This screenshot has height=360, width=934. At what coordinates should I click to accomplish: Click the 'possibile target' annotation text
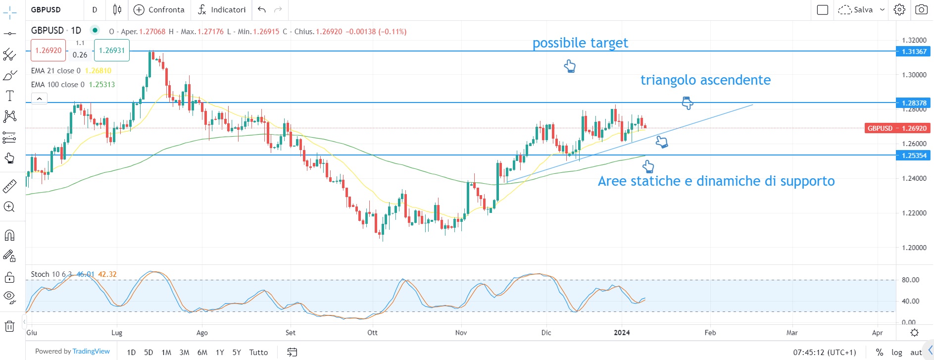580,43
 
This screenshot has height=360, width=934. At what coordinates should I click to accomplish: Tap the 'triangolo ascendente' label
705,80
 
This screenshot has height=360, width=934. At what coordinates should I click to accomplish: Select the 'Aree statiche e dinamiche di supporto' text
716,181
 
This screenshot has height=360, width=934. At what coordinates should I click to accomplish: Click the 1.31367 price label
914,51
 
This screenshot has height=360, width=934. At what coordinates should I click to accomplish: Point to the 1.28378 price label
914,103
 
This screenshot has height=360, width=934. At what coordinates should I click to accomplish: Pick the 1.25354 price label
914,155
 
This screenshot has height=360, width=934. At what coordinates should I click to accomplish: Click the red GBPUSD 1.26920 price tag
896,128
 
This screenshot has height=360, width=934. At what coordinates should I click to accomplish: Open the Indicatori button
222,10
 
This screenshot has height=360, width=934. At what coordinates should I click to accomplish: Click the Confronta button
159,10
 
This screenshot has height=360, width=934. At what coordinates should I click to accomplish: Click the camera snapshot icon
921,10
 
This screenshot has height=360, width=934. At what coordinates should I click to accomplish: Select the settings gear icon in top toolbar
899,10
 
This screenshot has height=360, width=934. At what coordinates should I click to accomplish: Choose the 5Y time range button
237,353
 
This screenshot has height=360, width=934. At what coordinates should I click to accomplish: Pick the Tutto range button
258,353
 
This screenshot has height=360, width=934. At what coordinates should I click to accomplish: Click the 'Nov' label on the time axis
461,333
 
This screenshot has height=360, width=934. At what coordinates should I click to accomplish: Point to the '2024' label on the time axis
622,333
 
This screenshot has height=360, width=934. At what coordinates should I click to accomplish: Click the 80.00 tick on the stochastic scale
910,280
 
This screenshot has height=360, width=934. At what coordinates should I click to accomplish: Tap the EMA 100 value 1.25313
102,85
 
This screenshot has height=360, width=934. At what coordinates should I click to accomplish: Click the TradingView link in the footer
91,352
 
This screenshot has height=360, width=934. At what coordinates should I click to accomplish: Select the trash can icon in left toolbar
9,326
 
